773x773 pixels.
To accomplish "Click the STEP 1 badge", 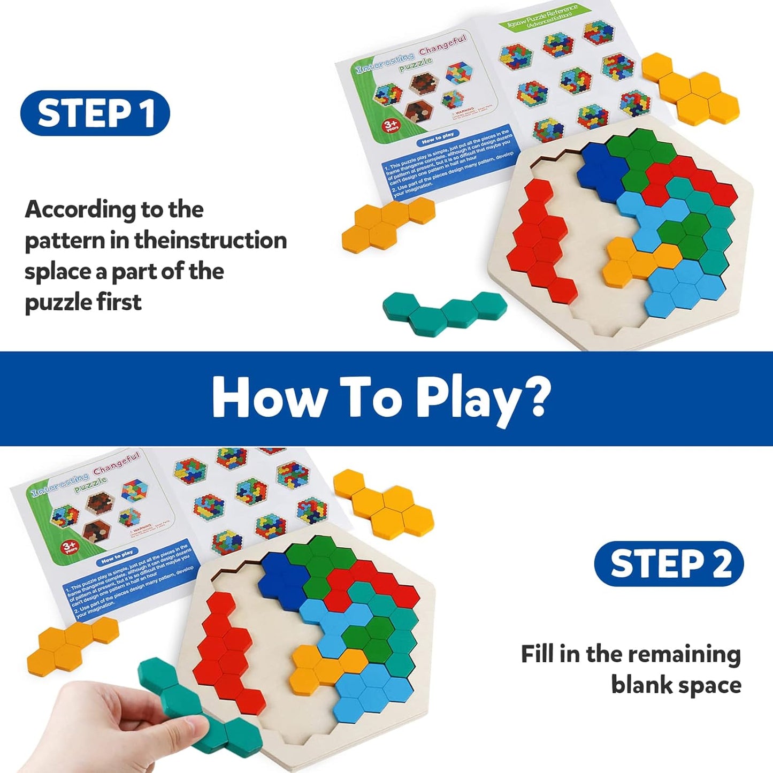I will [95, 113].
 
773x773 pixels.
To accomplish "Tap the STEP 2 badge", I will [669, 563].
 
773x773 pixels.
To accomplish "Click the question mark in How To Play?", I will [532, 397].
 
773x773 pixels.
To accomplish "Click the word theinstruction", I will [210, 240].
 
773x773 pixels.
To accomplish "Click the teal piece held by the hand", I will [177, 695].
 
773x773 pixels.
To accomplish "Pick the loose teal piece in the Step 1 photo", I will [444, 313].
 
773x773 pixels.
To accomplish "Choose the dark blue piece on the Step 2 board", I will [281, 578].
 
